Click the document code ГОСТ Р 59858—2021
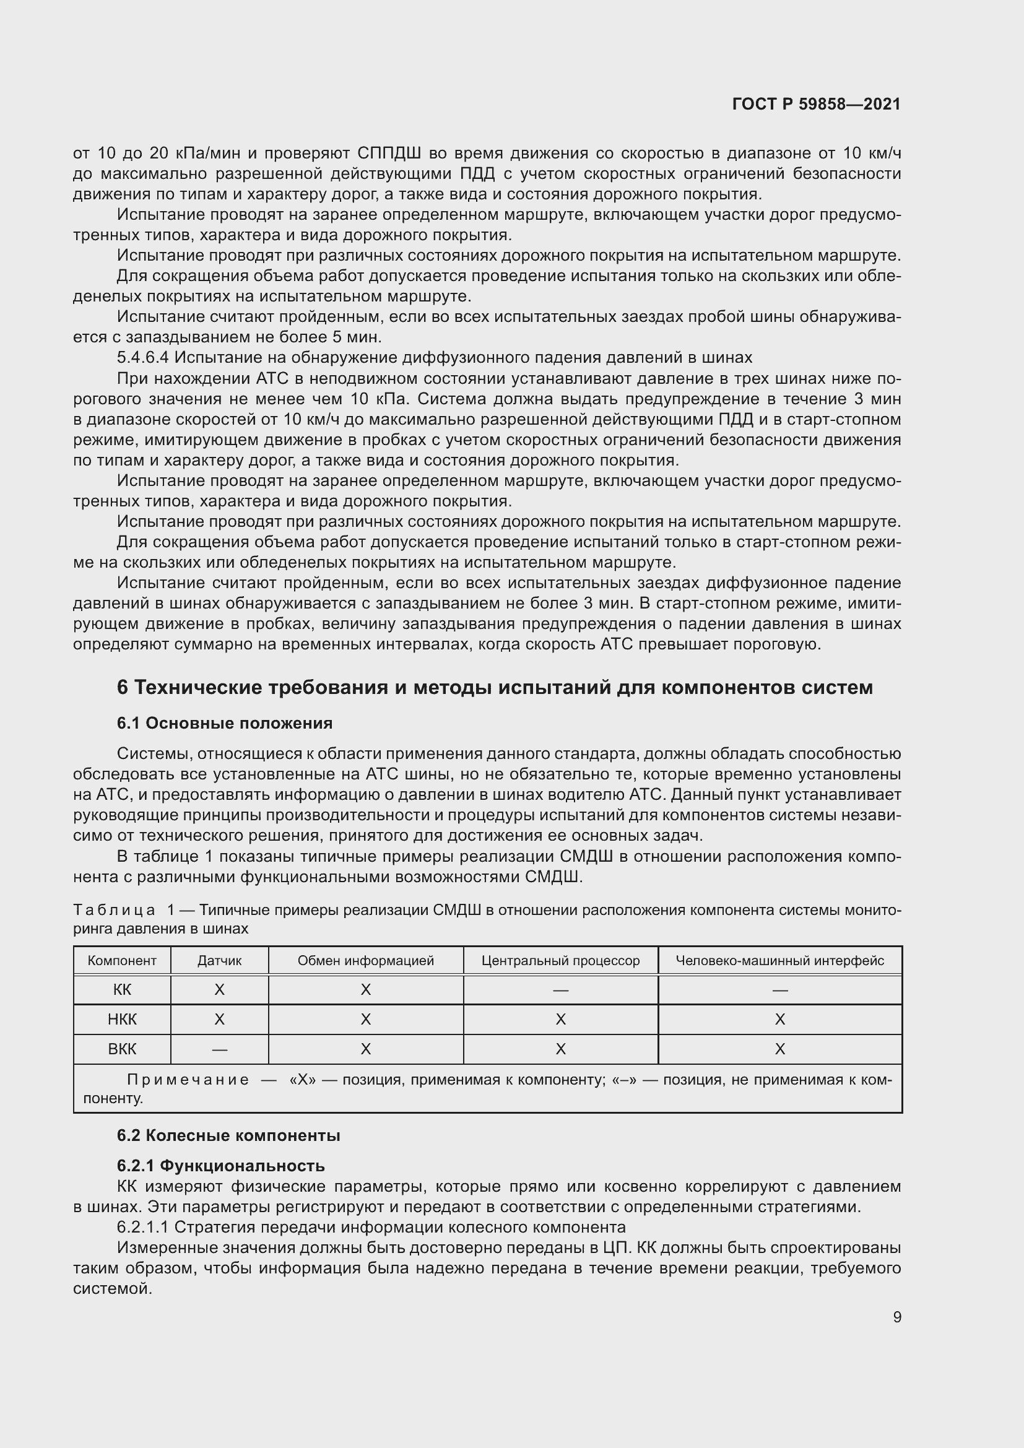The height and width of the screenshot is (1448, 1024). click(816, 104)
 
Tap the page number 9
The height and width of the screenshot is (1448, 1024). click(896, 1317)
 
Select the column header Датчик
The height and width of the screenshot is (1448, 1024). click(219, 961)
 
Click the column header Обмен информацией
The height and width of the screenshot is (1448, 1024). click(366, 961)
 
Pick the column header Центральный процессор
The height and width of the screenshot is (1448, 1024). click(560, 961)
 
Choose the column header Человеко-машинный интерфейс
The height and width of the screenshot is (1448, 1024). click(779, 961)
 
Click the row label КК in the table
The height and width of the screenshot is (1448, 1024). click(122, 990)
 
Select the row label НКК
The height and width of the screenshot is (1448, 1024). click(122, 1020)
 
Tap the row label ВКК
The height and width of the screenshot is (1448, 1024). click(122, 1049)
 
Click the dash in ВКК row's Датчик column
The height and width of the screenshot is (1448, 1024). click(219, 1050)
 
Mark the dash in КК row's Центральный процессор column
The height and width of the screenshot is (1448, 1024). click(560, 991)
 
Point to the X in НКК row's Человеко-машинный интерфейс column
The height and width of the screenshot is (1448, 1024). click(779, 1020)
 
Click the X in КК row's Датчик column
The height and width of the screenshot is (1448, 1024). click(219, 990)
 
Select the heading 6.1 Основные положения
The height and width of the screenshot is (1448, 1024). click(225, 723)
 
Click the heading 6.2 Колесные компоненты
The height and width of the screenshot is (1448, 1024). click(228, 1136)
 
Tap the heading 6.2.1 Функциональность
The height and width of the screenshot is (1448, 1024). click(220, 1166)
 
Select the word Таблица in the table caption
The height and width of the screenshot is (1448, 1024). click(114, 910)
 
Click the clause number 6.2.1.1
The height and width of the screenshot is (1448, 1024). click(143, 1227)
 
